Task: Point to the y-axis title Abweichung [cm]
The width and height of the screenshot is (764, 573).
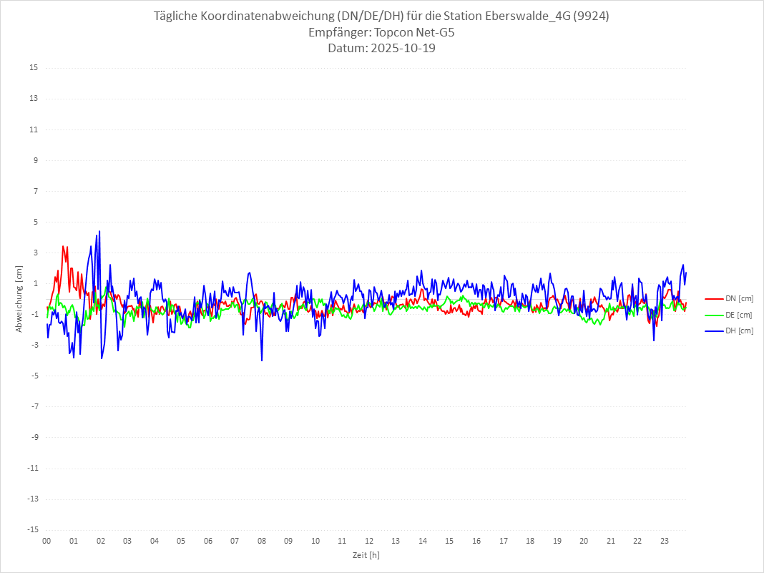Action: [19, 299]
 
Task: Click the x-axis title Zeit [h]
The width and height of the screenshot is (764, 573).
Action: [366, 555]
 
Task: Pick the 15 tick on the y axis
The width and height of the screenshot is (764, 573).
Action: [33, 68]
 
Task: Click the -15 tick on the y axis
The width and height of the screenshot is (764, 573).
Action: [31, 530]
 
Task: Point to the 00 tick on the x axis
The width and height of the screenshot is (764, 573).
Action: [46, 541]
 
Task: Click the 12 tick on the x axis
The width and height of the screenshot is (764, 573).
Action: [369, 541]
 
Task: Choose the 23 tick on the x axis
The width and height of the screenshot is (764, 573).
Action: [665, 541]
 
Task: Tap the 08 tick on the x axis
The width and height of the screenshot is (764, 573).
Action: [262, 541]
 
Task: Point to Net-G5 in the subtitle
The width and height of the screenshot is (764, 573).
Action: [434, 33]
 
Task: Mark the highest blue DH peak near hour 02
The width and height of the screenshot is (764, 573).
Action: [99, 231]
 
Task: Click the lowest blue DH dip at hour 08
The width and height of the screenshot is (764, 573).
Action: [262, 361]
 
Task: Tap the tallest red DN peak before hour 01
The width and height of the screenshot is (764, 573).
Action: [63, 246]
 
